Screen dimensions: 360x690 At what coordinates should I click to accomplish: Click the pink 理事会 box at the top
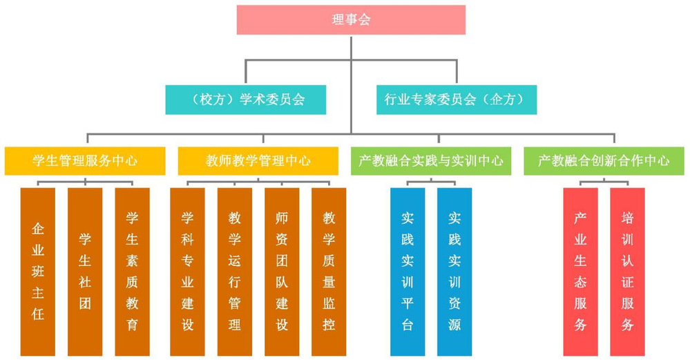coord(351,19)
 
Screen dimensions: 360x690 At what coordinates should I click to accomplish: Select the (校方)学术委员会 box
coord(246,100)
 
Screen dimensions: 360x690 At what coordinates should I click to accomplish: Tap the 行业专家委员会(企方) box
coord(456,100)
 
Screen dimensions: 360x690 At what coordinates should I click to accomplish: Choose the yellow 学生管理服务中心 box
coord(85,161)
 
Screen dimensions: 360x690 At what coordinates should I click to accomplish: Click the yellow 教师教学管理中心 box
coord(258,161)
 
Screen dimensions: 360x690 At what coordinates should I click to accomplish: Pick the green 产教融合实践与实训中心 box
coord(431,161)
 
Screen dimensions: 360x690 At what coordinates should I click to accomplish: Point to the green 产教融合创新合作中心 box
coord(604,161)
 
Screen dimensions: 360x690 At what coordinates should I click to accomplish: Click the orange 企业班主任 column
coord(38,272)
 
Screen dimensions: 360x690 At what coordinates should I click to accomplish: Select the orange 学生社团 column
coord(85,272)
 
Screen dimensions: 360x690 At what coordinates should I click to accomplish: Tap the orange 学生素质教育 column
coord(132,272)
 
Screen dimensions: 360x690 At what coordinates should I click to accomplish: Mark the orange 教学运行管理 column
coord(235,272)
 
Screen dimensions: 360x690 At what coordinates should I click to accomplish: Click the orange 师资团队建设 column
coord(282,272)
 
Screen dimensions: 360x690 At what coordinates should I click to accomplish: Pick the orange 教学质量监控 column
coord(329,272)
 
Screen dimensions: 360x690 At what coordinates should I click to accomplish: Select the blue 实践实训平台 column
coord(408,272)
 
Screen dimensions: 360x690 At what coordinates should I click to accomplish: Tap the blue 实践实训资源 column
coord(454,272)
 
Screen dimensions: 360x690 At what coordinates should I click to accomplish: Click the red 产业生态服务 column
coord(580,272)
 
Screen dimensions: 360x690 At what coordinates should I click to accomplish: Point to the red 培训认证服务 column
coord(627,272)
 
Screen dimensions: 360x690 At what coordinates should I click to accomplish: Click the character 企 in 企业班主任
coord(38,229)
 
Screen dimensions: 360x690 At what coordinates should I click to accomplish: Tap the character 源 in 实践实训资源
coord(454,324)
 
